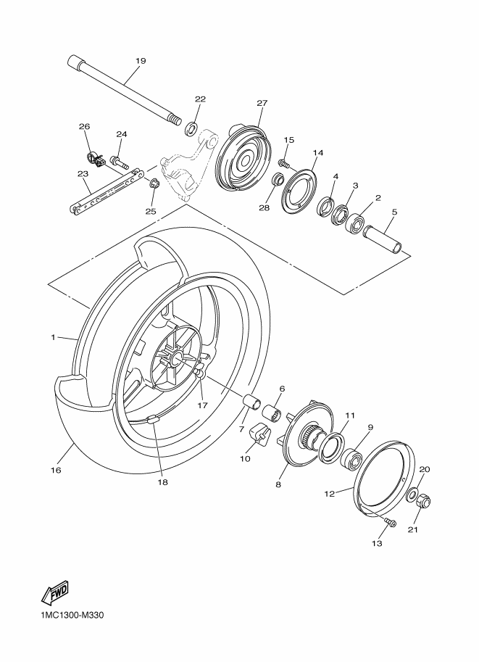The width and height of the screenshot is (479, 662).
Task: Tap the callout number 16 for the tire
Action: [x=55, y=470]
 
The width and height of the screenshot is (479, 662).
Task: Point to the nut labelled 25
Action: [x=153, y=182]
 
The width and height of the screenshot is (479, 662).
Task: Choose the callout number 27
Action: [x=262, y=103]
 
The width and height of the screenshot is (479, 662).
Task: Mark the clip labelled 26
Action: [x=92, y=156]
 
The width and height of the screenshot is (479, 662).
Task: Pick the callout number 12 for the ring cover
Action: [x=329, y=495]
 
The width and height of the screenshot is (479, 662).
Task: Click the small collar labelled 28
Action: [x=277, y=180]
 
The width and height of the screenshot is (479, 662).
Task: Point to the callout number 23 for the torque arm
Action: [x=83, y=174]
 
